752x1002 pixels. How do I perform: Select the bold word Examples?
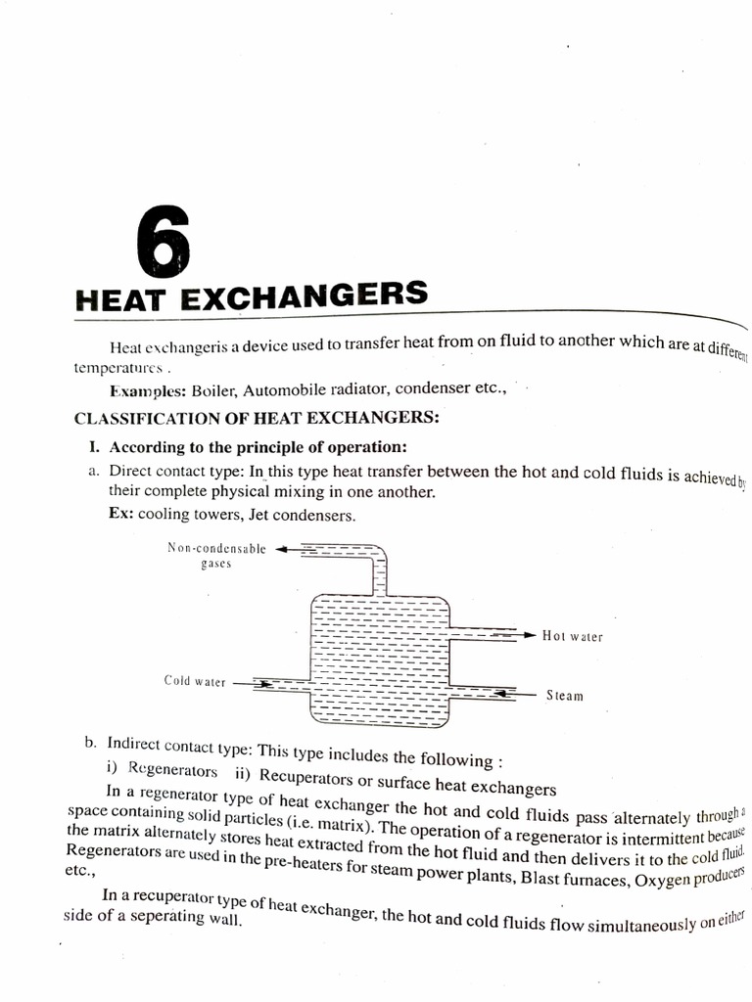[148, 391]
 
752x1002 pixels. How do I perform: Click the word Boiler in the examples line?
[213, 391]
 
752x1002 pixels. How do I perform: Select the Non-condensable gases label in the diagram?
[216, 557]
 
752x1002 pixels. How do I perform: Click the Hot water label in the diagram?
[573, 636]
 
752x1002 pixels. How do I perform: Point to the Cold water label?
[195, 681]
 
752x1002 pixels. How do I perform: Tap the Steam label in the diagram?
[565, 696]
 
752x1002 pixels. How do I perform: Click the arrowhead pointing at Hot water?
[530, 635]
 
